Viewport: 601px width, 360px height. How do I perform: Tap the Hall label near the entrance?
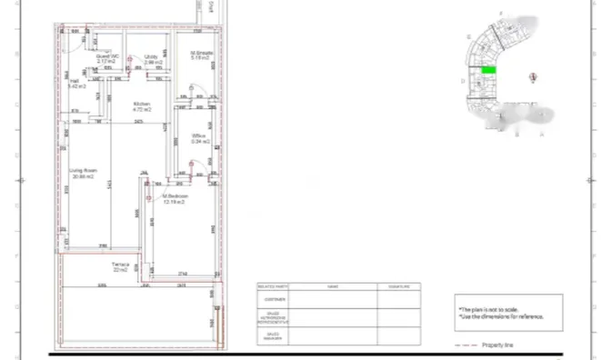click(76, 84)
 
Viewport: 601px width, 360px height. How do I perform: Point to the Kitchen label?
click(141, 105)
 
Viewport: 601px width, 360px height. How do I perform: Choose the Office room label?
click(200, 139)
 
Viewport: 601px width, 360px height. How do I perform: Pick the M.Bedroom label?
click(175, 198)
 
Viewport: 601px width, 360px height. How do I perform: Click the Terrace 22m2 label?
click(121, 267)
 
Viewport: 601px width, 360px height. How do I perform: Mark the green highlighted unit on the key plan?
click(488, 70)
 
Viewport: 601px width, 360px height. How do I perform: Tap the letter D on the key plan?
click(463, 81)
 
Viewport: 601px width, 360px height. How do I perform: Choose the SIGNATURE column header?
click(399, 286)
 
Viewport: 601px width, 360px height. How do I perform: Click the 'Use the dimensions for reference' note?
click(501, 316)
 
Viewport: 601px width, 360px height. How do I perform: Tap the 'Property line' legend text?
click(499, 346)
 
